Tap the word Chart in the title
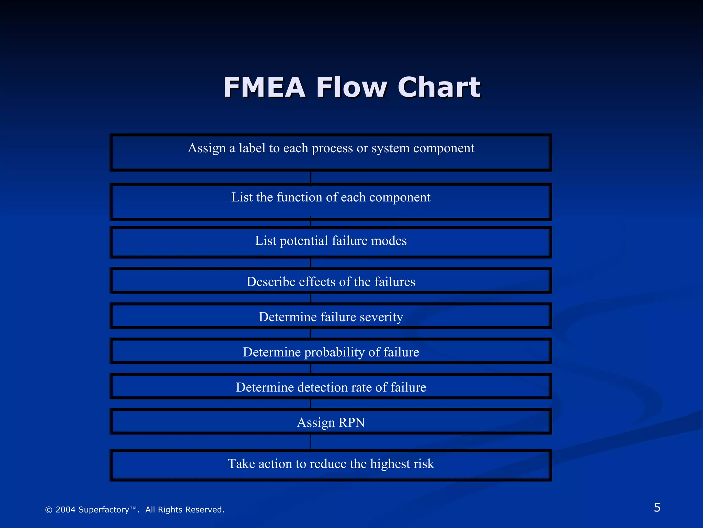click(x=439, y=87)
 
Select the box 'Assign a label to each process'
click(x=331, y=153)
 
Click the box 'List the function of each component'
click(x=331, y=202)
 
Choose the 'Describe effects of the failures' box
click(x=331, y=281)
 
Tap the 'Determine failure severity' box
click(x=331, y=316)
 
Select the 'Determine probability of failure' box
click(x=331, y=351)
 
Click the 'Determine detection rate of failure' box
click(x=331, y=386)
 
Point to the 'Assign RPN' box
click(x=331, y=422)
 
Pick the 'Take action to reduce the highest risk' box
click(x=331, y=465)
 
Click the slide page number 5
click(x=657, y=508)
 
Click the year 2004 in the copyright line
click(x=66, y=510)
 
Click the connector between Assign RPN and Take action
click(x=311, y=442)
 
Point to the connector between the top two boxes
click(x=311, y=177)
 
